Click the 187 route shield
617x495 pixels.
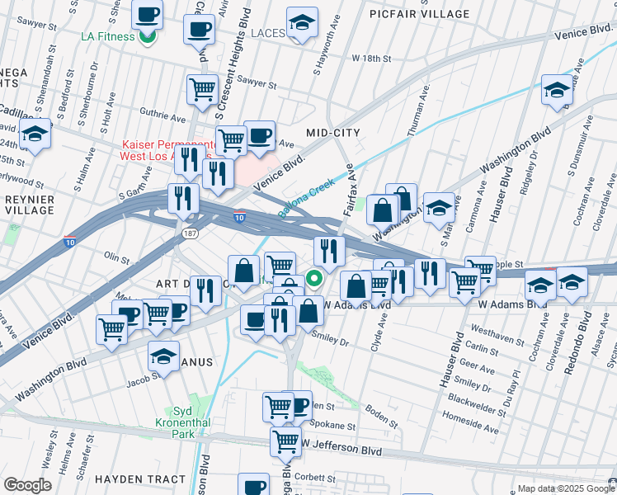tap(189, 234)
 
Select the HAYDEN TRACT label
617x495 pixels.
tap(139, 479)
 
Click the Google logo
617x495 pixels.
tap(27, 485)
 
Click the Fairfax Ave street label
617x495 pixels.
tap(349, 190)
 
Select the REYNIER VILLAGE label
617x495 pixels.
tap(28, 205)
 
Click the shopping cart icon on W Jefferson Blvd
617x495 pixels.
tap(285, 441)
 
